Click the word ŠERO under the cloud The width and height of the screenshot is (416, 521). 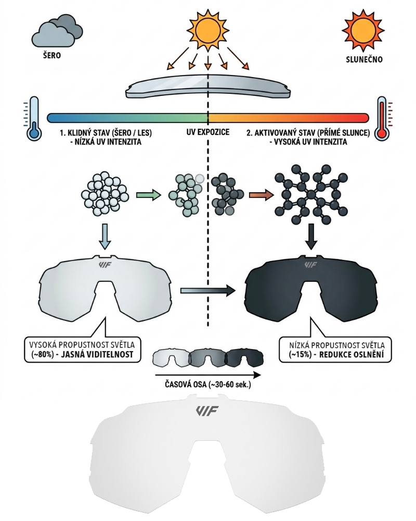[52, 56]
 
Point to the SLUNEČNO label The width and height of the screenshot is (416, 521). [364, 59]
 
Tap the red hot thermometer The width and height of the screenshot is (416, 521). [383, 118]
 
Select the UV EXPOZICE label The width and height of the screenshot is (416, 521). [207, 132]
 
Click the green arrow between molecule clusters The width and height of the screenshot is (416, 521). [147, 195]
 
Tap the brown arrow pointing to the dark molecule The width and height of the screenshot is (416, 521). [259, 195]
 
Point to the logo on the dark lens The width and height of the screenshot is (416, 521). [310, 265]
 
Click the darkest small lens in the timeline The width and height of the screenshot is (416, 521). [244, 358]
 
